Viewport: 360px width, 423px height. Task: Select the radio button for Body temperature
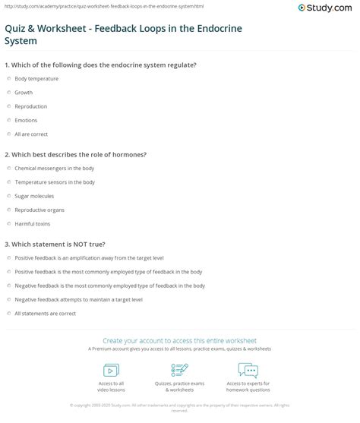(x=8, y=78)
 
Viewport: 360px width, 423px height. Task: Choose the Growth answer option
(x=24, y=92)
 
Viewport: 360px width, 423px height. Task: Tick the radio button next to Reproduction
(x=8, y=106)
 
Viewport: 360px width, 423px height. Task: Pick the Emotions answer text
(x=26, y=120)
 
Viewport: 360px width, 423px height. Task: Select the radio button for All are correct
(x=8, y=134)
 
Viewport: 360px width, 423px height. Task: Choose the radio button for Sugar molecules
(x=8, y=196)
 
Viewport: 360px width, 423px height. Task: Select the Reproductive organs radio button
(x=8, y=210)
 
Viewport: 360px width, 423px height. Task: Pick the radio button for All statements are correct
(x=8, y=313)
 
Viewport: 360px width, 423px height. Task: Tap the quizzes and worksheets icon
(x=179, y=370)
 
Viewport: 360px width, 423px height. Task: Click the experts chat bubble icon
(x=248, y=370)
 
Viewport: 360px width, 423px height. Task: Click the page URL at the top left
(x=76, y=3)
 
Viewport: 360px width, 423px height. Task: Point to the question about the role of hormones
(x=76, y=154)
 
